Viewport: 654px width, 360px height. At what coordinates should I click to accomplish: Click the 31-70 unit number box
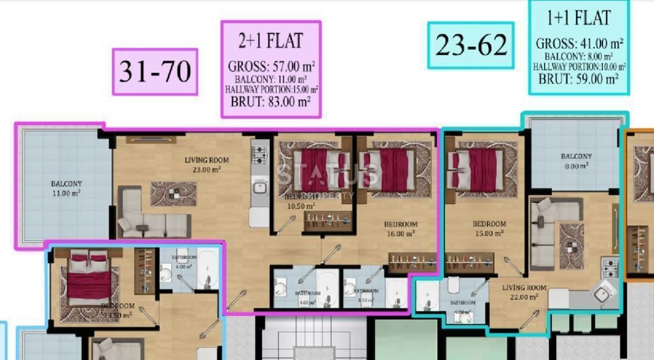click(155, 71)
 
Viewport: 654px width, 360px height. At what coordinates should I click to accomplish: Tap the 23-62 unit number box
click(471, 45)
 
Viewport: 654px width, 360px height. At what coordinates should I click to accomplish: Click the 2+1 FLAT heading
click(270, 41)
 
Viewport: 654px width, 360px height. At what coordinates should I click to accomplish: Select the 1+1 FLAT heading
click(579, 18)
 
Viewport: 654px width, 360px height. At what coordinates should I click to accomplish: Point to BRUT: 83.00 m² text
click(271, 101)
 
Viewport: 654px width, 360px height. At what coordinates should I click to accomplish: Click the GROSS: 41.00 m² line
click(579, 44)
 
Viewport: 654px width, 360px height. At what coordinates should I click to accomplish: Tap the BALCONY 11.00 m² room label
click(66, 188)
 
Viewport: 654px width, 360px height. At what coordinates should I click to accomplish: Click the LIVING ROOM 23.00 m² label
click(206, 165)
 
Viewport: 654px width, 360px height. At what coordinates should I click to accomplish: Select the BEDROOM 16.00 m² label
click(400, 229)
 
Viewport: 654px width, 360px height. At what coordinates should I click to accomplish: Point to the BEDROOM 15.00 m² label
click(489, 229)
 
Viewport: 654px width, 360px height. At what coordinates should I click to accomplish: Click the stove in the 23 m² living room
click(260, 154)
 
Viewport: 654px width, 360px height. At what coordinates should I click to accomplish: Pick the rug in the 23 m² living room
click(173, 193)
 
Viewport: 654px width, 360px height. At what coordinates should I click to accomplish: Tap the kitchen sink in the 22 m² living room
click(601, 294)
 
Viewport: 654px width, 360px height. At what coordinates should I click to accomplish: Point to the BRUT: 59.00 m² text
click(579, 80)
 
